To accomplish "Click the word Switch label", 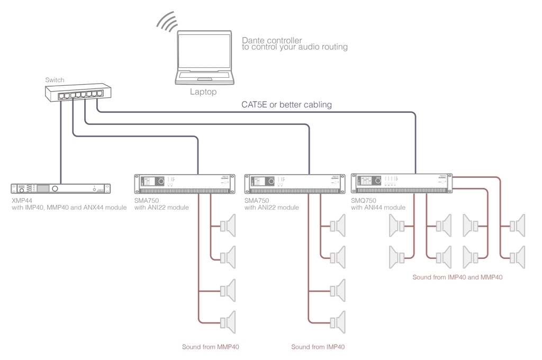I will coord(55,80).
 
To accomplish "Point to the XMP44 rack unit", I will coord(60,188).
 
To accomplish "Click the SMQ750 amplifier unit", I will coord(402,183).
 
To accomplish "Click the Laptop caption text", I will coord(204,92).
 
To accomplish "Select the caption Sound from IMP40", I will coord(318,347).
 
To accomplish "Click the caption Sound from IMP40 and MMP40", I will coord(457,277).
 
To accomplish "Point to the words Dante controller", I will coord(272,40).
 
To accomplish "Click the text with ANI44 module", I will coord(378,208).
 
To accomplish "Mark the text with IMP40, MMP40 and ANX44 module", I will coord(69,208).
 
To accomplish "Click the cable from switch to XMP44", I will coord(61,143).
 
